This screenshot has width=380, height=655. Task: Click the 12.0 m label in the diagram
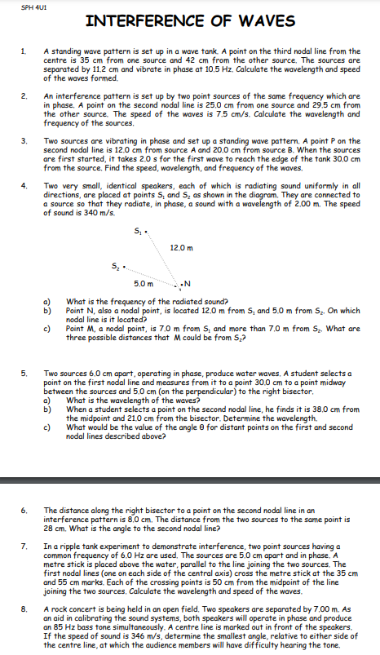[x=182, y=247]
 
